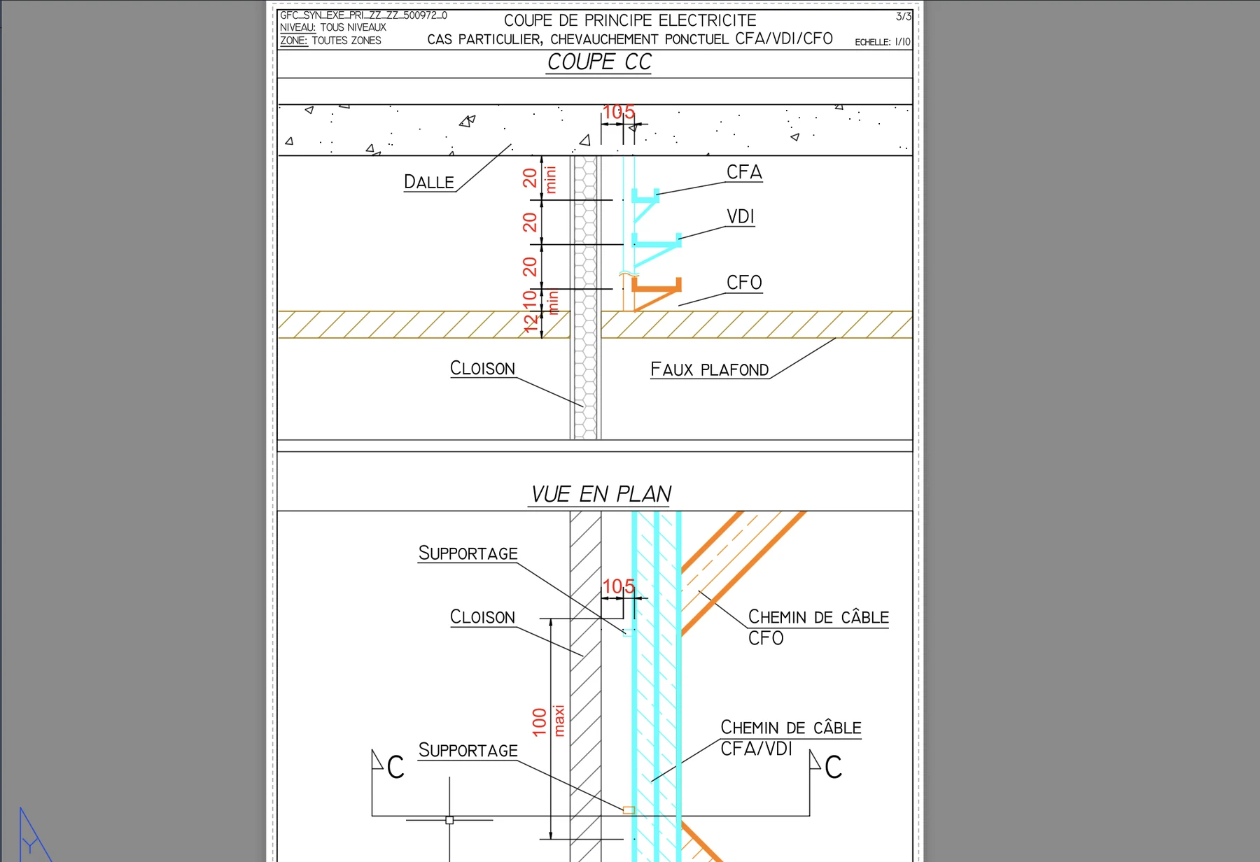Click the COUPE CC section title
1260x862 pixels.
pyautogui.click(x=599, y=62)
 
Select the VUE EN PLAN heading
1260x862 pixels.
pyautogui.click(x=601, y=494)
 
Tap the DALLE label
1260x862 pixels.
pyautogui.click(x=429, y=182)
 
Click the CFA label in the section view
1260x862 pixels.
pyautogui.click(x=744, y=172)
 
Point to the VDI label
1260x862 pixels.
pyautogui.click(x=741, y=217)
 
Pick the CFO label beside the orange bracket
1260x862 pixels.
pyautogui.click(x=744, y=283)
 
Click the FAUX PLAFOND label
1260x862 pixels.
pyautogui.click(x=710, y=369)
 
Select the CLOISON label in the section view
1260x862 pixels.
pyautogui.click(x=482, y=368)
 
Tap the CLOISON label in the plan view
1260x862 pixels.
pyautogui.click(x=482, y=617)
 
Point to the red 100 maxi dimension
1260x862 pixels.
pyautogui.click(x=548, y=721)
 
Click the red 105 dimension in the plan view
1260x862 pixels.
pyautogui.click(x=619, y=586)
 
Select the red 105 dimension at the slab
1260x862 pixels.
pyautogui.click(x=619, y=112)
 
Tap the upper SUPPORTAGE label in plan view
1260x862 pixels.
pyautogui.click(x=468, y=553)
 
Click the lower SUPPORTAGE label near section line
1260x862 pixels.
pyautogui.click(x=468, y=751)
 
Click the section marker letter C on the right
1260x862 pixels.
pyautogui.click(x=833, y=768)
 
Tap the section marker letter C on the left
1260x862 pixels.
pyautogui.click(x=395, y=768)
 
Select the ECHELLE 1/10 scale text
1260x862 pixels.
pyautogui.click(x=882, y=42)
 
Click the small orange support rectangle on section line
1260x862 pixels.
pyautogui.click(x=629, y=810)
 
